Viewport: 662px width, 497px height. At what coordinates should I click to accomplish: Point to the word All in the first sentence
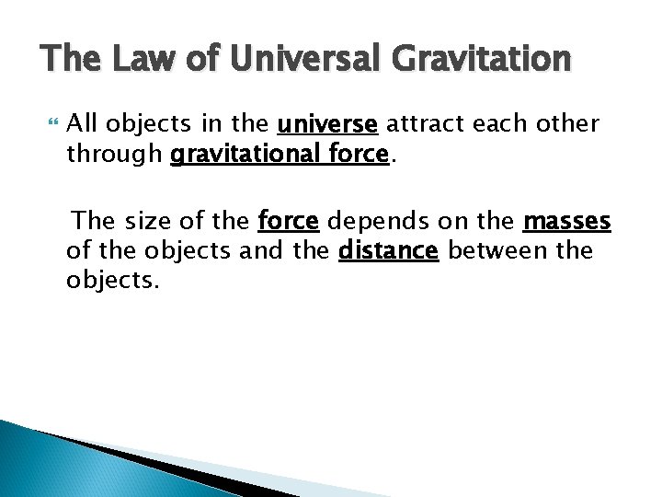(x=84, y=124)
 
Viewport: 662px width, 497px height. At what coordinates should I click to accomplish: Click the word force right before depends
(x=289, y=222)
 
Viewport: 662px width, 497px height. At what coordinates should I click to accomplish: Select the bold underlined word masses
(x=566, y=222)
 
